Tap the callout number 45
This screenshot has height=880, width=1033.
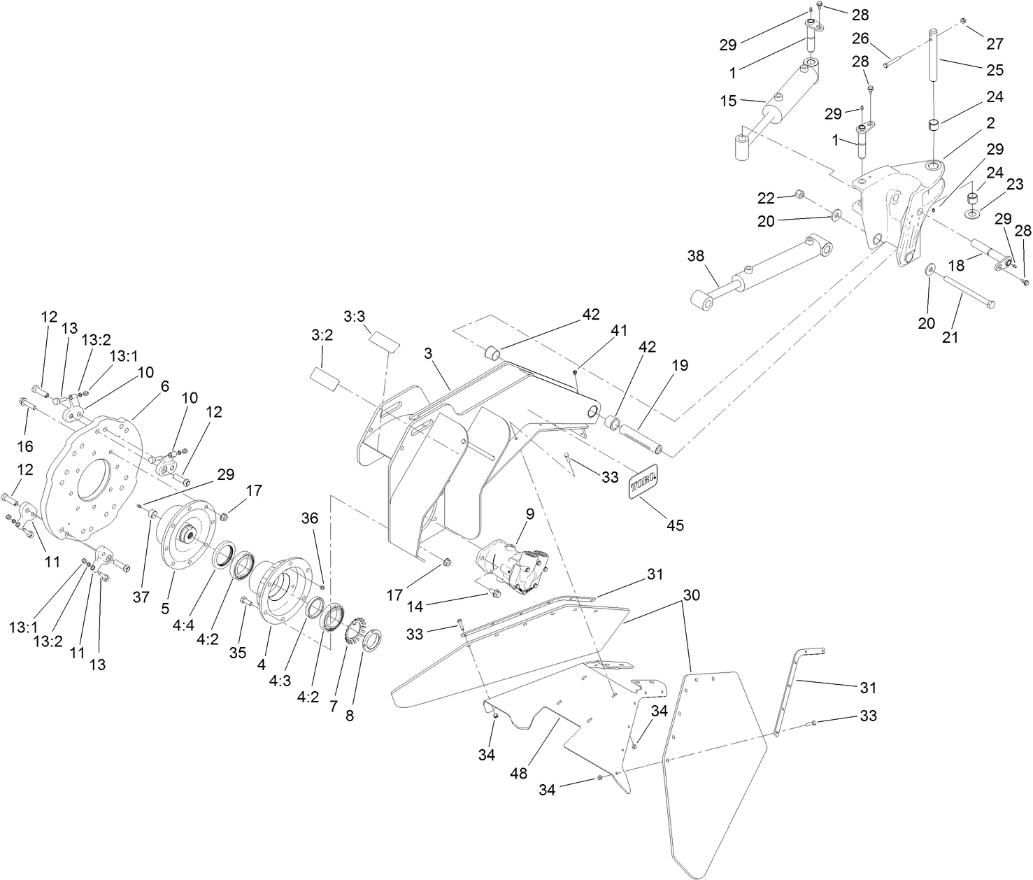(x=675, y=524)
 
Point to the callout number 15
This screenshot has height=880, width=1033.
(x=729, y=101)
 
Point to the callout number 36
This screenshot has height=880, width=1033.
(x=309, y=518)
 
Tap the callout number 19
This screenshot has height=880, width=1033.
(x=679, y=365)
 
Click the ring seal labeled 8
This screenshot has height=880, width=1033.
(x=371, y=639)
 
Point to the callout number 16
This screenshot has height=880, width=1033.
(x=25, y=446)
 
